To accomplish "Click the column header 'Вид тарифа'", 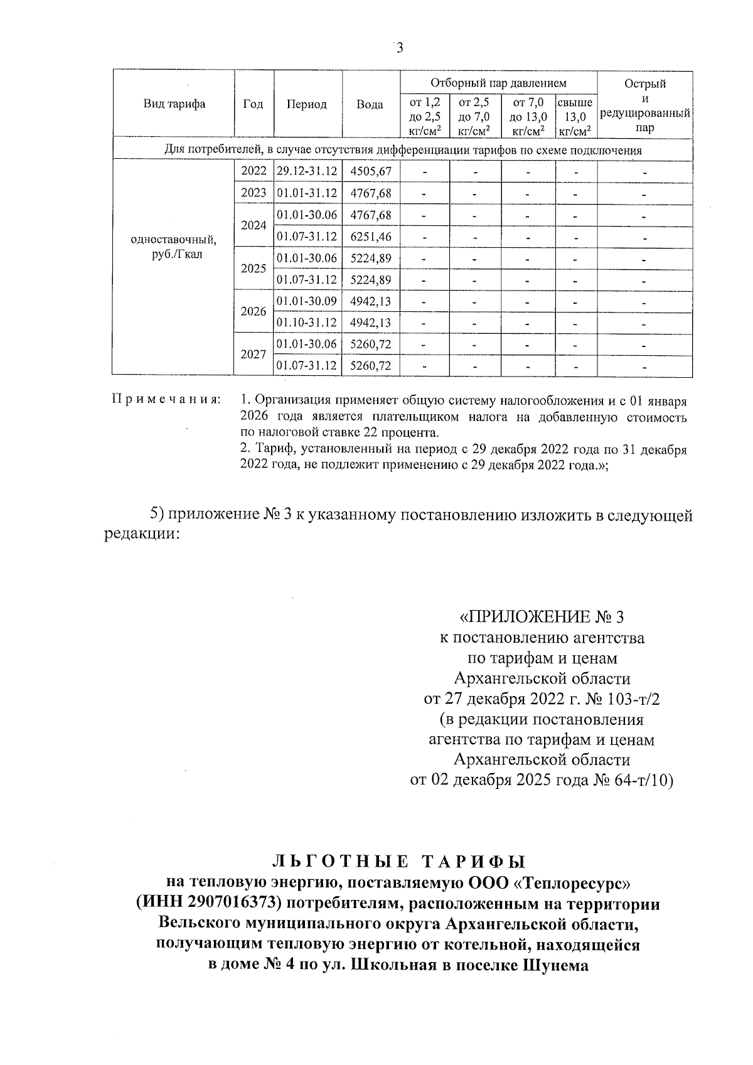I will (174, 104).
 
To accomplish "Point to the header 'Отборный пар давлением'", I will (498, 83).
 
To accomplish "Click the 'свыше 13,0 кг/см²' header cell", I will (575, 116).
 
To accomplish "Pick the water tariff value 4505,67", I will (370, 171).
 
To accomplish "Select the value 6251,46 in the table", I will (370, 237).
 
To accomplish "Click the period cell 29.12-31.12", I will (307, 171).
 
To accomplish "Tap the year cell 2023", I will (254, 193).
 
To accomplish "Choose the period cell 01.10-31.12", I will (307, 323).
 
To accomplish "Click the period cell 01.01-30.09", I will (307, 301).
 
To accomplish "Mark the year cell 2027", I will (254, 355).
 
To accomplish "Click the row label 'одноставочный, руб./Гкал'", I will (173, 247).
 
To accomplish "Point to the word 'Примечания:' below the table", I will (166, 400).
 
